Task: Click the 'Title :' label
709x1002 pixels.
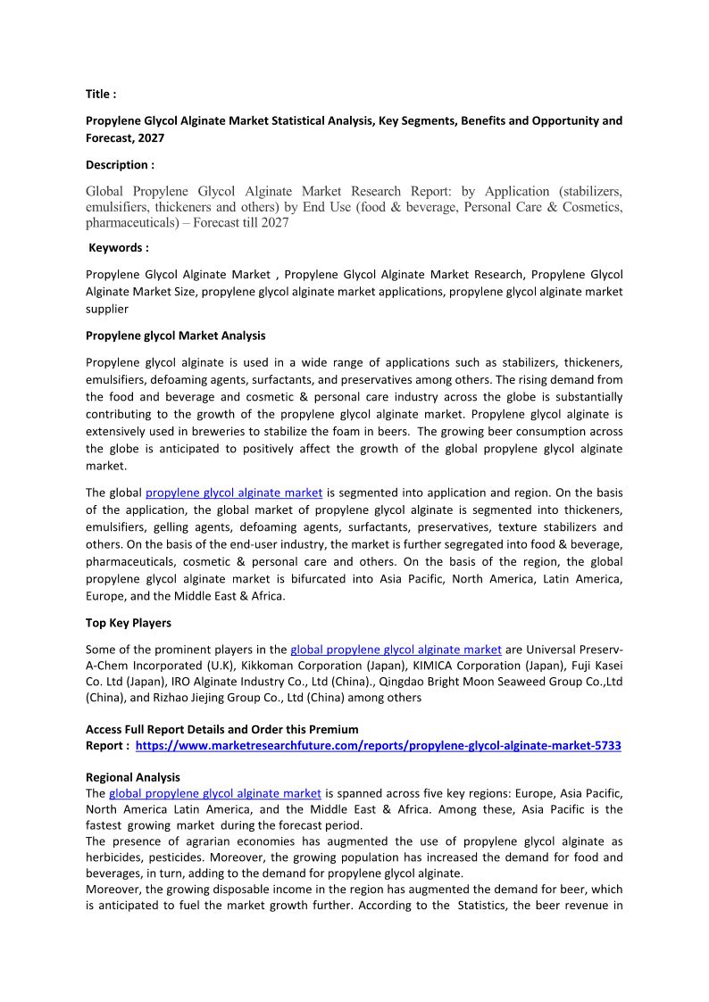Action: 101,94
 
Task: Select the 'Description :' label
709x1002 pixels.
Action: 120,164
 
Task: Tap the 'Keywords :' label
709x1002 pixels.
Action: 119,247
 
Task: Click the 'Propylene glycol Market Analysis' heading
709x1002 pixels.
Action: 175,335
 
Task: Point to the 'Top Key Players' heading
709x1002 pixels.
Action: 128,623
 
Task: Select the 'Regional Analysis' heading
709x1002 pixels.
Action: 132,777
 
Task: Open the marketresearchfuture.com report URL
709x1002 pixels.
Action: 378,745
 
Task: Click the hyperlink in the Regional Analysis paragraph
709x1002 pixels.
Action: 214,792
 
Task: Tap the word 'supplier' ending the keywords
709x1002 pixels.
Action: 107,309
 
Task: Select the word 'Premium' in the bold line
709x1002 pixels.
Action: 334,729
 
